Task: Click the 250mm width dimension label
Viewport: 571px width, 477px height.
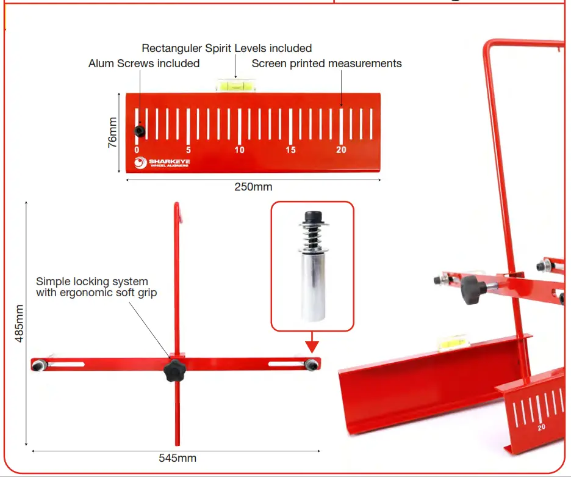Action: [x=253, y=186]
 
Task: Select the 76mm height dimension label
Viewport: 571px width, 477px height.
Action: [x=112, y=133]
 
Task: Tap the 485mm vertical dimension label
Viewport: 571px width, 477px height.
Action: [x=20, y=324]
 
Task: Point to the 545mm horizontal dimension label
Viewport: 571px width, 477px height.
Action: [x=177, y=457]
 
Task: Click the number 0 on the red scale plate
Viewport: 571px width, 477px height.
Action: [x=137, y=150]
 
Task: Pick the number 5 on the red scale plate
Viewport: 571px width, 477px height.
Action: [x=189, y=150]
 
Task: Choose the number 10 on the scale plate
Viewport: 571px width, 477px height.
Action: [x=239, y=150]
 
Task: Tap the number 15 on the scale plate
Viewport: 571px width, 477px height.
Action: [x=290, y=150]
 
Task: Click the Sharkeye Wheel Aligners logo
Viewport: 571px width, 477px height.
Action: [x=162, y=162]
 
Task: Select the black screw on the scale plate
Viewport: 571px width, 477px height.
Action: [x=140, y=131]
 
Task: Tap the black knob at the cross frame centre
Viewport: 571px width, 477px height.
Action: [x=175, y=370]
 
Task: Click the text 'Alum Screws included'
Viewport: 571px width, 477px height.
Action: [x=144, y=64]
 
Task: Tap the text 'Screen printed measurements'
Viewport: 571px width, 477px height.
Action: [x=326, y=64]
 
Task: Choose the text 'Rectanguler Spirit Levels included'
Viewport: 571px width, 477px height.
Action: [x=226, y=48]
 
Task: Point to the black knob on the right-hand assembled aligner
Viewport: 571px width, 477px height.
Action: [x=472, y=289]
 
